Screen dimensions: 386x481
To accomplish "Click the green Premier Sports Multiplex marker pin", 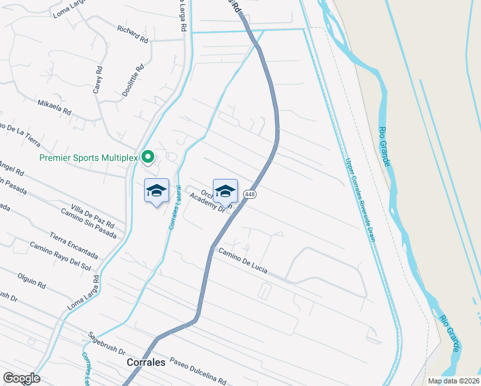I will [x=147, y=156].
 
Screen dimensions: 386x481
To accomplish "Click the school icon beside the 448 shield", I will [x=225, y=190].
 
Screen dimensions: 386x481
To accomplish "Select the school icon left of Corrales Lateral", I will [x=157, y=190].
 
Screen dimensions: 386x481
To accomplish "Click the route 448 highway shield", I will [x=251, y=194].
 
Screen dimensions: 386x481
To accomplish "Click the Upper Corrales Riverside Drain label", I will [x=359, y=199].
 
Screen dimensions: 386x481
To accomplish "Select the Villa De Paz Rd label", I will [x=93, y=216].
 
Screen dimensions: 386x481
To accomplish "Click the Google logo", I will [x=21, y=378].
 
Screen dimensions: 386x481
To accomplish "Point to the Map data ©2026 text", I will [x=454, y=381].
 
